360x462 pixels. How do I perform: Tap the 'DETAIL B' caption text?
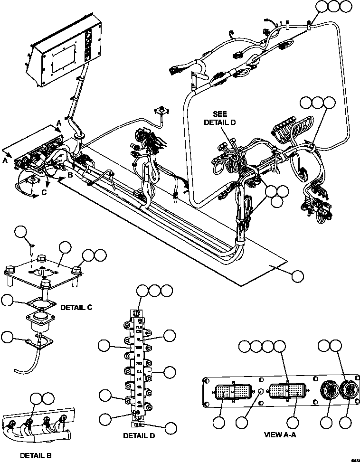(36, 455)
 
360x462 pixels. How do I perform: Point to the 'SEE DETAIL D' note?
(220, 118)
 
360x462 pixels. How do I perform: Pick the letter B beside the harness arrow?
(69, 175)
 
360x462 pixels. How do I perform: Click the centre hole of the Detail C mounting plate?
(44, 272)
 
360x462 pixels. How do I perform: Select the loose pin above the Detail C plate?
(32, 247)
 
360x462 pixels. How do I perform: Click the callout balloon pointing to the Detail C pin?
(20, 232)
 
